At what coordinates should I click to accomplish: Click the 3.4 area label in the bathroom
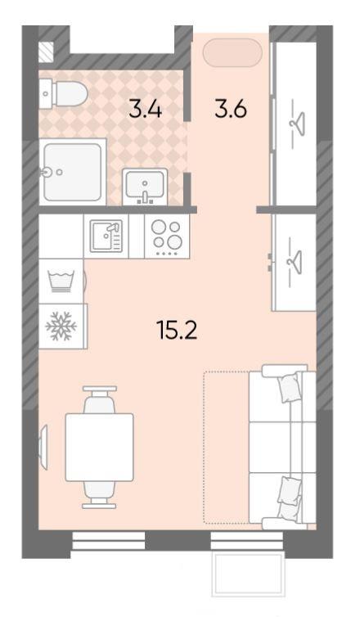point(145,109)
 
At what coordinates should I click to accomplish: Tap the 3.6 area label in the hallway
point(231,109)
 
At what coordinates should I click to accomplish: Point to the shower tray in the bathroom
point(73,172)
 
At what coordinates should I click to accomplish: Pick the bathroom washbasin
point(145,187)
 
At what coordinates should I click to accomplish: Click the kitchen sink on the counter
point(106,236)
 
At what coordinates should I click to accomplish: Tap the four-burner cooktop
point(167,236)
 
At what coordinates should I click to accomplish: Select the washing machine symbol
point(61,281)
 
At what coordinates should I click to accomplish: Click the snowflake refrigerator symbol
point(61,327)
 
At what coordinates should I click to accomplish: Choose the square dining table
point(99,447)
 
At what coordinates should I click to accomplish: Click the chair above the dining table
point(100,399)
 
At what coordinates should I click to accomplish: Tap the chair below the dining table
point(99,494)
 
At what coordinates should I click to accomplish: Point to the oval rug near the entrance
point(232,53)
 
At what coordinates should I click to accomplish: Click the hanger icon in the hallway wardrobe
point(299,124)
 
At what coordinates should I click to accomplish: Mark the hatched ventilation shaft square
point(46,52)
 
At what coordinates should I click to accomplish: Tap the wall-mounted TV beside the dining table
point(43,447)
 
